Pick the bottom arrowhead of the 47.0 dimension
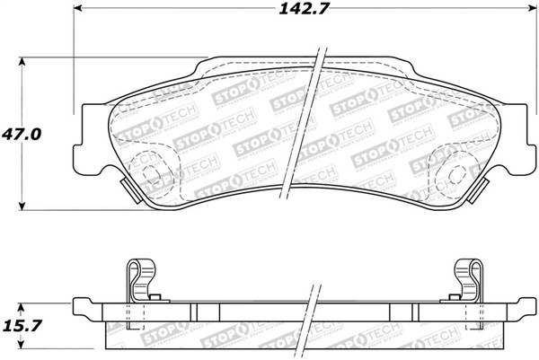tap(22, 204)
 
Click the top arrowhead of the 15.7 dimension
tap(22, 303)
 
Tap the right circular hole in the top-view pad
tap(448, 171)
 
